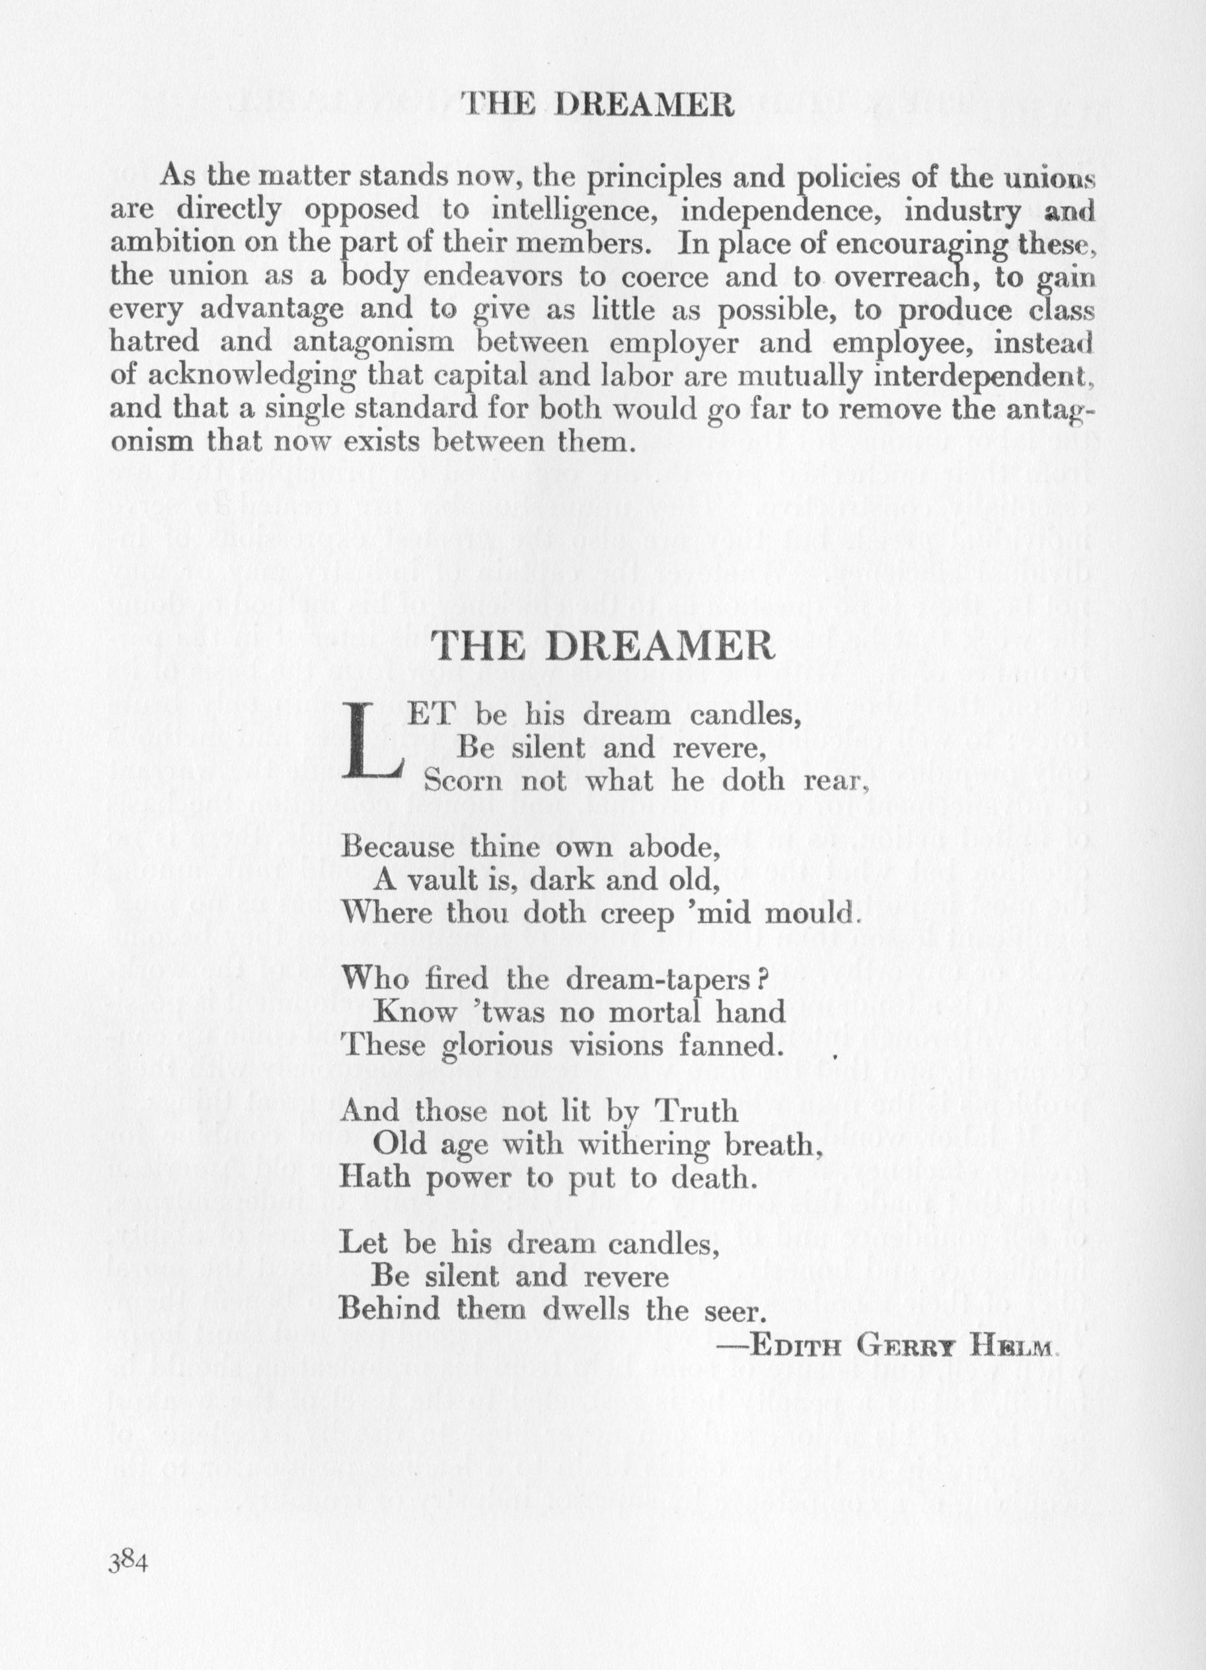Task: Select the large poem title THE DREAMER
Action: pos(603,646)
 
